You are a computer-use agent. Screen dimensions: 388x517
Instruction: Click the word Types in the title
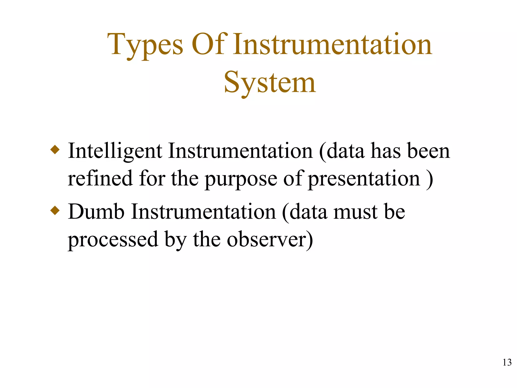(145, 45)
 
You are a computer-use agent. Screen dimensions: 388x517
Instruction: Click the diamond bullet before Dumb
(55, 210)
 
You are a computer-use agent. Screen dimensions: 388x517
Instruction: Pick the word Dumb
(96, 212)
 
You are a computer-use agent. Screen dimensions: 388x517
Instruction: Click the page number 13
(507, 362)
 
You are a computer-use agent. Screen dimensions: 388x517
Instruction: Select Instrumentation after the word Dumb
(203, 212)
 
